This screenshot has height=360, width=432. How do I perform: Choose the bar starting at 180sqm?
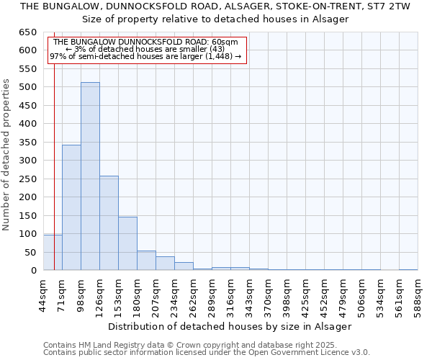pos(146,261)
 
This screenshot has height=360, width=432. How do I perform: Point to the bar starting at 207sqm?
pos(165,264)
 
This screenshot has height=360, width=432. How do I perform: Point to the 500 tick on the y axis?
pos(28,87)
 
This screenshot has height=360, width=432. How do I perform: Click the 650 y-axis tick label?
pos(28,32)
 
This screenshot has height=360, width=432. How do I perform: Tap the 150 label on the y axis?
pos(28,215)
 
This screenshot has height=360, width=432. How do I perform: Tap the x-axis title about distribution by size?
pos(230,326)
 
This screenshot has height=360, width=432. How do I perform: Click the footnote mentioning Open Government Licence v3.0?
pos(207,352)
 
